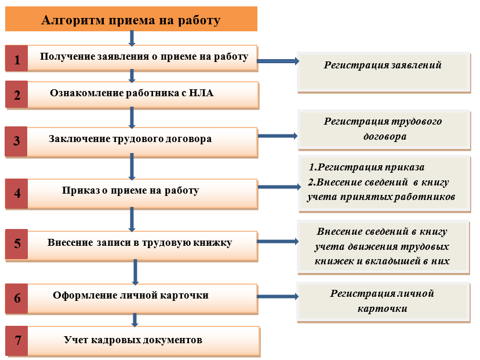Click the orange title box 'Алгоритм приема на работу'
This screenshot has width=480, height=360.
tap(131, 19)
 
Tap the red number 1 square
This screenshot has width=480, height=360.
tap(17, 59)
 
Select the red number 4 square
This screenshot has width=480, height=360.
tap(17, 194)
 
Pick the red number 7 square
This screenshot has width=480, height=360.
tap(17, 341)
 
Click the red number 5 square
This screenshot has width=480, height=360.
tap(17, 244)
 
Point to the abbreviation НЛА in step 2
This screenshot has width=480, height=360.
tap(201, 93)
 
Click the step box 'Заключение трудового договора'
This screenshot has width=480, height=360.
tap(143, 141)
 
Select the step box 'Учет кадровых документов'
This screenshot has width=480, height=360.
tap(143, 341)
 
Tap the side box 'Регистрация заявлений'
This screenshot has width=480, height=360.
tap(384, 72)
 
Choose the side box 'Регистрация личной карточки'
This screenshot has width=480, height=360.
tap(383, 302)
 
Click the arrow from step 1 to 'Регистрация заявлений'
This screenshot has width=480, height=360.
tap(278, 61)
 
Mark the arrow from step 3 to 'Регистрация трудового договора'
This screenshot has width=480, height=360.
tap(278, 136)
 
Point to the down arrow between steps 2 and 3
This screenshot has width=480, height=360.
tap(132, 118)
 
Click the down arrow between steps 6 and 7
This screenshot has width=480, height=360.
tap(134, 320)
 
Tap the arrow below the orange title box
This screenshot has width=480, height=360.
tap(132, 38)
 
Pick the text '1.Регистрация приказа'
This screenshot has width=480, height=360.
tap(367, 167)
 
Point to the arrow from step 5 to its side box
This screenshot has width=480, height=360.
tap(278, 242)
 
